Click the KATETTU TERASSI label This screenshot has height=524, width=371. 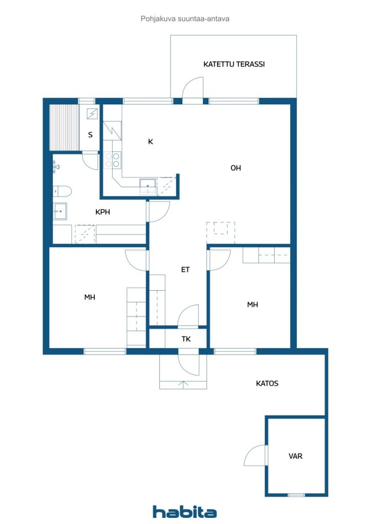click(x=234, y=64)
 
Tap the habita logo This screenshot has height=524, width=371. click(x=184, y=512)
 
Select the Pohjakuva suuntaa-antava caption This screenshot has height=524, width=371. click(x=185, y=19)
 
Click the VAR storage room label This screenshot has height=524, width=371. click(x=295, y=456)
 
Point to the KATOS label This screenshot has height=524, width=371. click(x=267, y=383)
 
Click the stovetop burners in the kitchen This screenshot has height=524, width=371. click(x=112, y=160)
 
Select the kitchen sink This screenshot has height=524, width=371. click(x=148, y=186)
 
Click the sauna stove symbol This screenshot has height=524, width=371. click(x=92, y=114)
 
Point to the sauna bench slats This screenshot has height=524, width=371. click(x=64, y=127)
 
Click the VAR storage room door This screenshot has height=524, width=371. click(x=256, y=455)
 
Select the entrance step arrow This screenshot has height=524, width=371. click(x=183, y=384)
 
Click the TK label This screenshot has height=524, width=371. click(x=186, y=339)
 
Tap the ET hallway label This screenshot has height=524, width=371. click(x=186, y=269)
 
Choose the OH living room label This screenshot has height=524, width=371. click(x=236, y=168)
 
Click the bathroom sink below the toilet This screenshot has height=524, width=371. click(x=60, y=211)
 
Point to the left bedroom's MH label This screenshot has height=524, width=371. click(x=90, y=297)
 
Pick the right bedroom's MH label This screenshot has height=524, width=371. click(x=253, y=304)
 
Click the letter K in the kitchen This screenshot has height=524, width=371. click(x=151, y=142)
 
